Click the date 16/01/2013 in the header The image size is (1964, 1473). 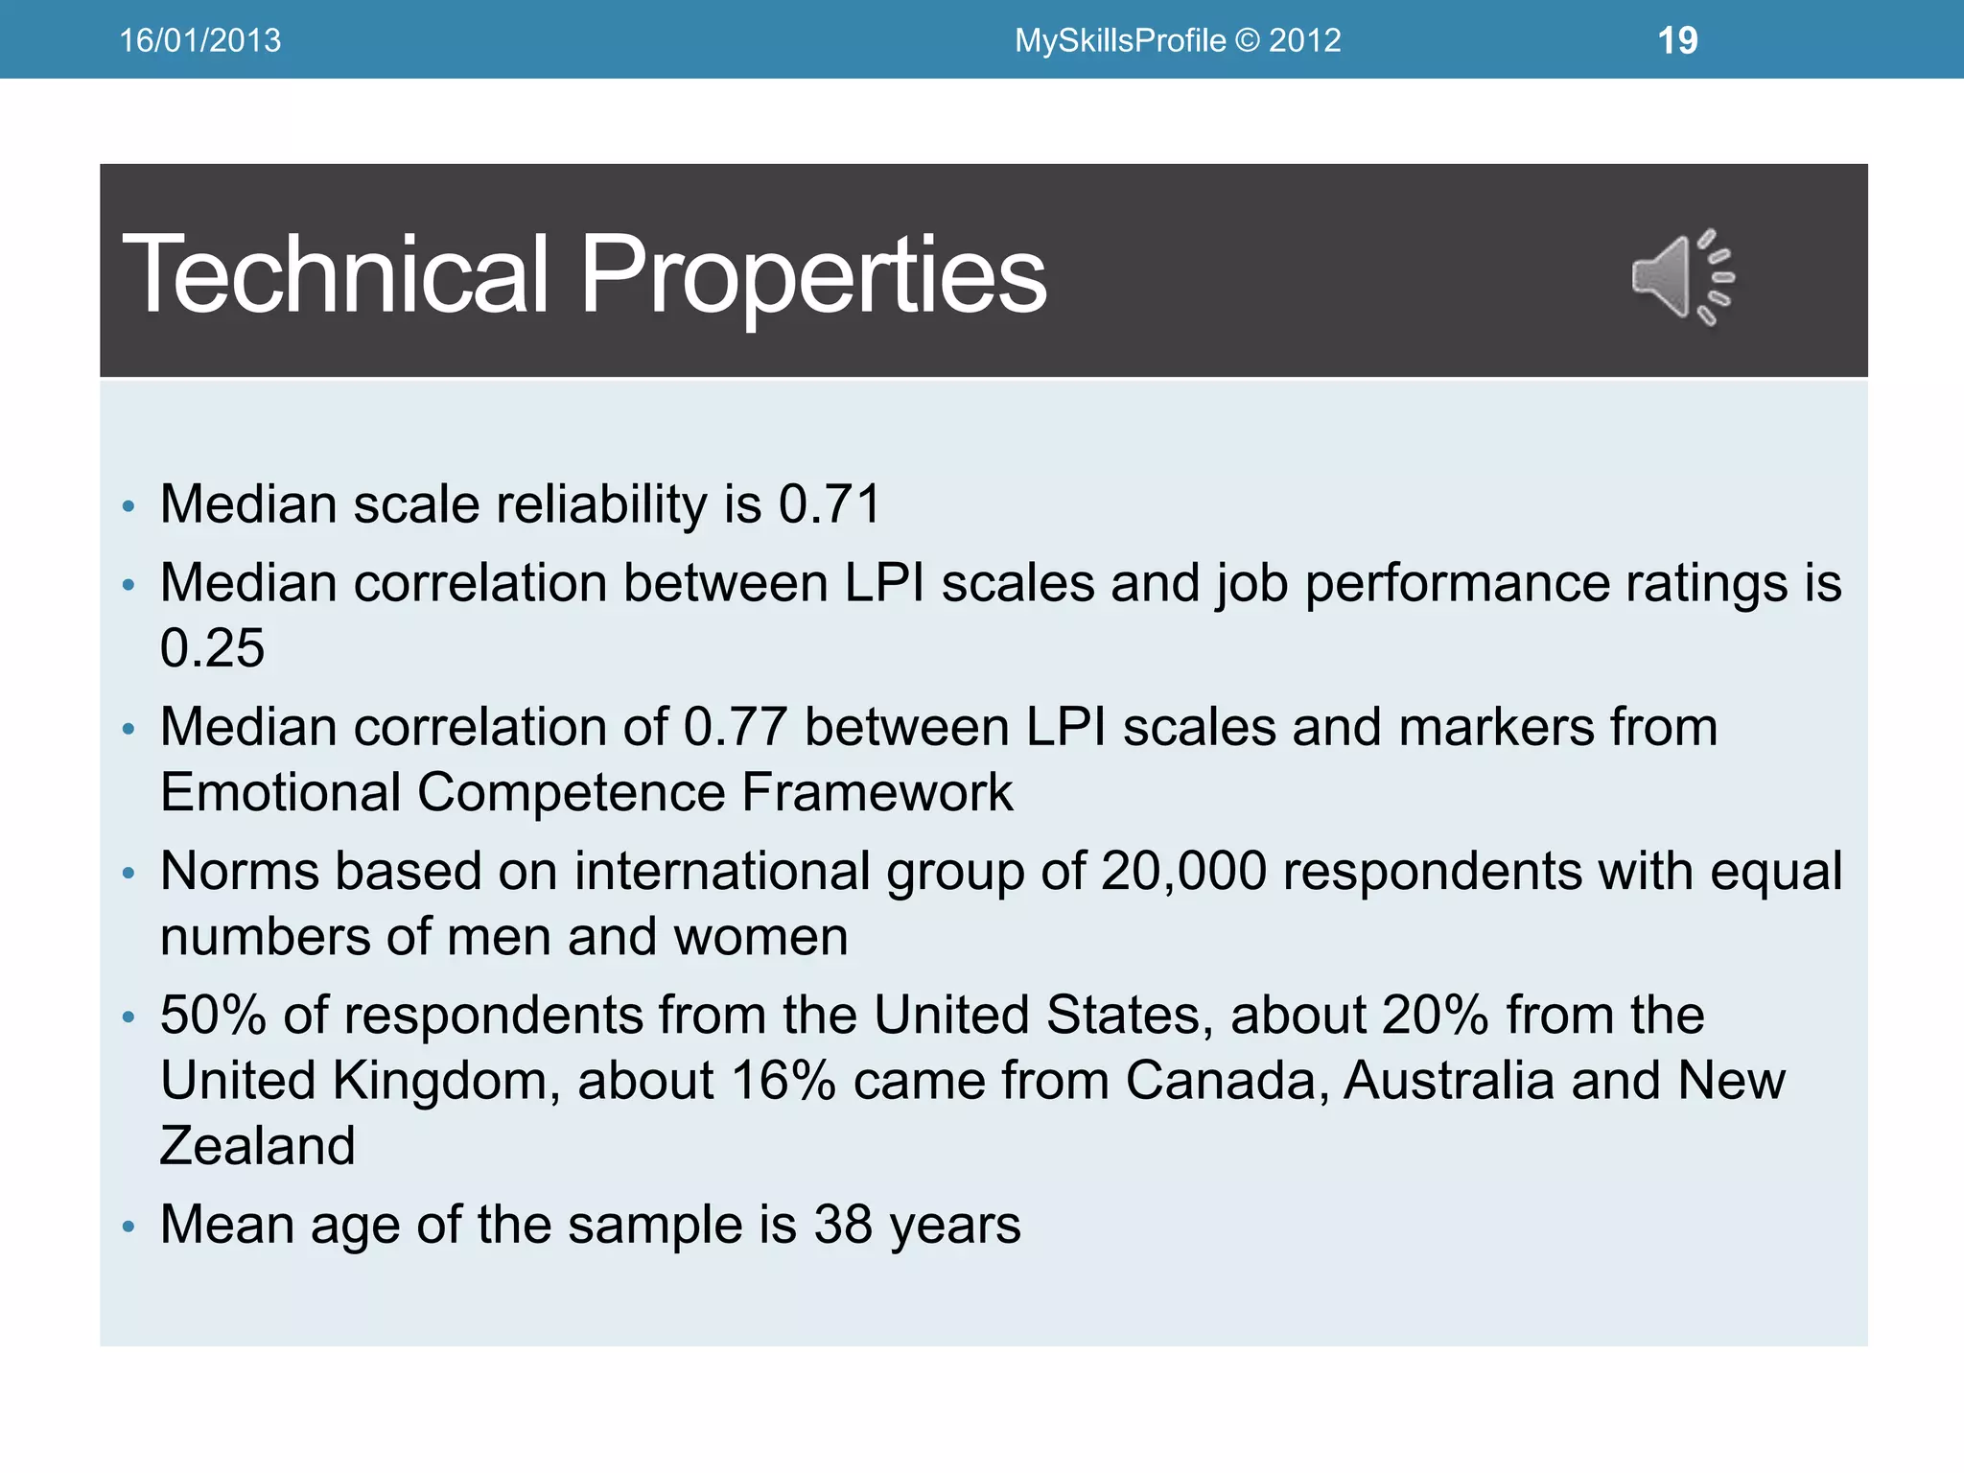coord(199,40)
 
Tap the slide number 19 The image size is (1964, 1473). coord(1677,40)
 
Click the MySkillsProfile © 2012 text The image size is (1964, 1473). coord(1178,40)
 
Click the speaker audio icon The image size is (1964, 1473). coord(1683,277)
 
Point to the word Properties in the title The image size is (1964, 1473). coord(813,276)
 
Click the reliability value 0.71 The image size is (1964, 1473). coord(830,504)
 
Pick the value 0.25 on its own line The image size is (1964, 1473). coord(212,648)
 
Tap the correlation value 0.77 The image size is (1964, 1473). coord(736,727)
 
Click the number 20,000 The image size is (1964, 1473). coord(1183,872)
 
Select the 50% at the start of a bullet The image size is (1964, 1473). coord(213,1016)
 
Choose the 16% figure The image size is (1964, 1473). coord(783,1081)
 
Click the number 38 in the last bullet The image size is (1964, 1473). coord(843,1225)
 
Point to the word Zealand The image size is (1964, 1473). coord(257,1146)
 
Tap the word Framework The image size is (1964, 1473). coord(877,793)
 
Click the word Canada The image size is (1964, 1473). coord(1226,1081)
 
